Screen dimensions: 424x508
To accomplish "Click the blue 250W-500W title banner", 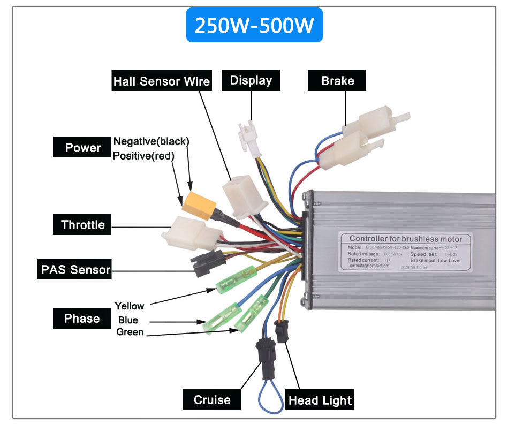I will (x=254, y=25).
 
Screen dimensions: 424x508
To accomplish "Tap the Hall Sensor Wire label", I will (x=161, y=81).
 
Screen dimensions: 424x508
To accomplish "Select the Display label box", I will (x=251, y=81).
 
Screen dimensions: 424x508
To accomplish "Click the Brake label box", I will (x=337, y=81).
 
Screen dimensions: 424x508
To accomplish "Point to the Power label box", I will (x=82, y=148).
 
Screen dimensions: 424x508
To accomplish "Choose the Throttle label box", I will (x=82, y=225).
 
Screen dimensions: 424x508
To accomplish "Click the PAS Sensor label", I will (x=75, y=269).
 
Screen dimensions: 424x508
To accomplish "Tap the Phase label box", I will (x=82, y=319).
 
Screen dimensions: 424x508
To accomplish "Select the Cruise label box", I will (x=212, y=400).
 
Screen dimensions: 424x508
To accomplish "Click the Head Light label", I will (x=321, y=400).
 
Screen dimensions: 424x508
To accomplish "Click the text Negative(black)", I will (x=151, y=141).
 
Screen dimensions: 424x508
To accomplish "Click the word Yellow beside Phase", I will (x=130, y=306).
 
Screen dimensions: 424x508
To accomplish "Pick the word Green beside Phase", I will (x=130, y=332).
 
